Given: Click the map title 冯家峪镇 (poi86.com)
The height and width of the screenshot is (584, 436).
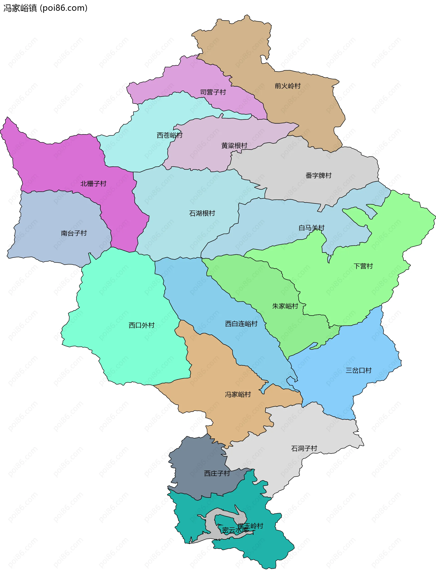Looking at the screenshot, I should pos(45,8).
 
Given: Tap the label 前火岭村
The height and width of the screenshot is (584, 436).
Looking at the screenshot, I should pos(287,86).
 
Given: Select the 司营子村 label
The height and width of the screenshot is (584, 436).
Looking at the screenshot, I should pos(213,92).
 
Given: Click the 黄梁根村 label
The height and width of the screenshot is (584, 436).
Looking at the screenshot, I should pos(234,146).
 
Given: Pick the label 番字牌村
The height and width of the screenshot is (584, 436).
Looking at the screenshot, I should pos(318,175).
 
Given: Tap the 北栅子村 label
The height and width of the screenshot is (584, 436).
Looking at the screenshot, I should pos(93,184).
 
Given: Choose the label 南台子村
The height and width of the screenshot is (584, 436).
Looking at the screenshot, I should pos(74,233).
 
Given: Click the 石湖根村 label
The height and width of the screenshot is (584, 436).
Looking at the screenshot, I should pos(202,213).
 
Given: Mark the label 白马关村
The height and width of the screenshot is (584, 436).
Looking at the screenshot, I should pos(311,228).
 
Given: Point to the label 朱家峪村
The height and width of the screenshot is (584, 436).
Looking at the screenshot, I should pos(285,306).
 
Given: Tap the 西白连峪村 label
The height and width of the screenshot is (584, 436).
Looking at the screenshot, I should pos(241,324).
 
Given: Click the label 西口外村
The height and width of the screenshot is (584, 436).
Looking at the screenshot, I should pos(141,325).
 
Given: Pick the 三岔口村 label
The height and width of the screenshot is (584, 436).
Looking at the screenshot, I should pos(359,370).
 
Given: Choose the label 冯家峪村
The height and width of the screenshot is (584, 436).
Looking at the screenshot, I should pos(238,394).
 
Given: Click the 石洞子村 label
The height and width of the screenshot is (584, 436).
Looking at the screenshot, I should pos(304,448).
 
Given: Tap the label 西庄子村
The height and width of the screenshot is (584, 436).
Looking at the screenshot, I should pos(217,473).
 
